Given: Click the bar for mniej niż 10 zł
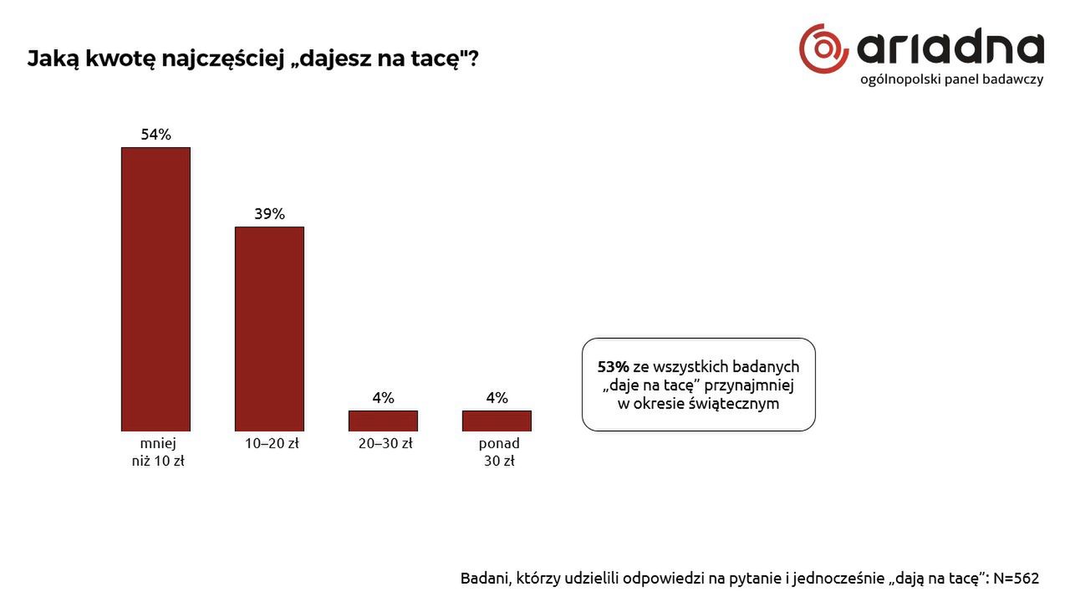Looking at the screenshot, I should pyautogui.click(x=155, y=289).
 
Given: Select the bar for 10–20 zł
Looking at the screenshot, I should pyautogui.click(x=269, y=329).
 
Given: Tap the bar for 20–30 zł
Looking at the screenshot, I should pyautogui.click(x=383, y=421).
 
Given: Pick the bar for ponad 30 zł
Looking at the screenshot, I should pyautogui.click(x=497, y=421).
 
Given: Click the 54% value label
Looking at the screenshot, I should pyautogui.click(x=155, y=135).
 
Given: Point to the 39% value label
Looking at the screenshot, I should pyautogui.click(x=269, y=214).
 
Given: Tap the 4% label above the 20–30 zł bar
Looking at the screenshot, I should pyautogui.click(x=383, y=398).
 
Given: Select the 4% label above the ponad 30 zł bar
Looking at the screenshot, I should pyautogui.click(x=497, y=398).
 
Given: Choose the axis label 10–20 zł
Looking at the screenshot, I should pyautogui.click(x=272, y=443).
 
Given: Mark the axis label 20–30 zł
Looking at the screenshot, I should pyautogui.click(x=385, y=443).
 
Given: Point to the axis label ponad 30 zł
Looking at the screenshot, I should pyautogui.click(x=499, y=451).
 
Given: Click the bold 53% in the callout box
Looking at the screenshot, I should pyautogui.click(x=613, y=367).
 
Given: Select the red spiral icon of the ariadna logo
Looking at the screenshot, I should pyautogui.click(x=823, y=48).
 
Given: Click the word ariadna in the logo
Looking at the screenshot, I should pyautogui.click(x=950, y=49).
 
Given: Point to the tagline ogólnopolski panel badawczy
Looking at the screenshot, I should pyautogui.click(x=951, y=79).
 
